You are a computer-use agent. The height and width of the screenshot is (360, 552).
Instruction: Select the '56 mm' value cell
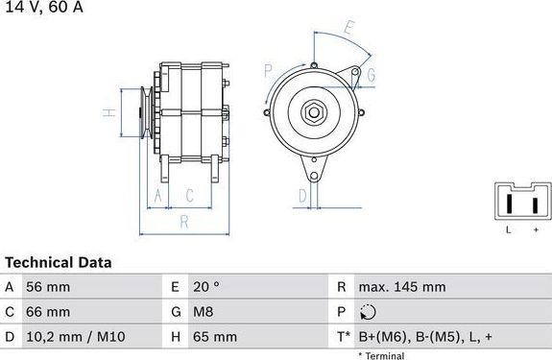pos(49,287)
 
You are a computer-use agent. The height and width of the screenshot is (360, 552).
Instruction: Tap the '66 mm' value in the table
pos(49,312)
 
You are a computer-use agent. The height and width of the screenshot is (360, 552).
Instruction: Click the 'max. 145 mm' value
pos(400,287)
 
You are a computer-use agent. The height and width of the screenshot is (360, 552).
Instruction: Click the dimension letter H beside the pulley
pos(109,112)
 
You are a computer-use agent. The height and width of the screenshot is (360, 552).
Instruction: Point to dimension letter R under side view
pos(182,222)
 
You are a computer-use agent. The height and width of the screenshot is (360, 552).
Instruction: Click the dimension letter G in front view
pos(371,75)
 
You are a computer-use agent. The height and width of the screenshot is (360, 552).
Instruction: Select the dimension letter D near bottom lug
pos(301,196)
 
